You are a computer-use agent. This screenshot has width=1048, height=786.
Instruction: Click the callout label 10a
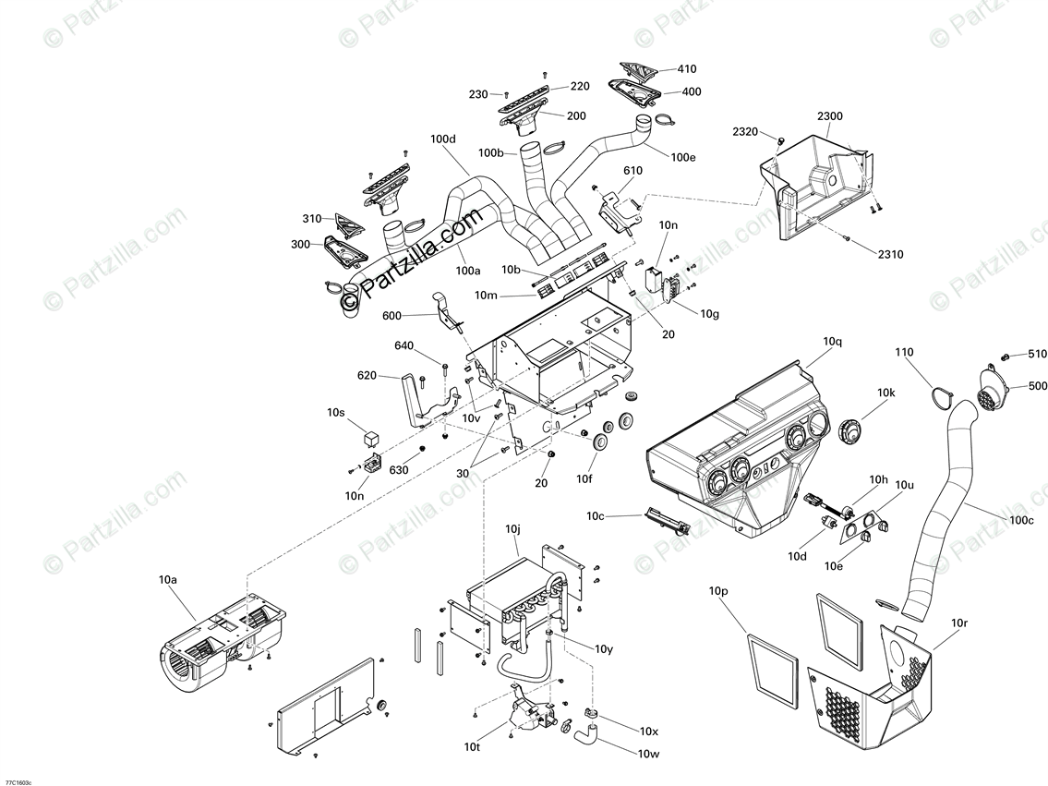(x=167, y=579)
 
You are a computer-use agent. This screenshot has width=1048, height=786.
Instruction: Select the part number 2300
(x=829, y=116)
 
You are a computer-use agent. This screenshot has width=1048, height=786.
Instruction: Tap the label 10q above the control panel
(x=832, y=341)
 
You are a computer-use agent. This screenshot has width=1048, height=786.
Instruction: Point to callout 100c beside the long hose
(x=1021, y=520)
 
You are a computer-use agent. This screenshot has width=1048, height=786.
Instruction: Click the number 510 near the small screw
(x=1038, y=354)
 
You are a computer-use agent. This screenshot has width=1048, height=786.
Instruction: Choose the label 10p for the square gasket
(x=718, y=590)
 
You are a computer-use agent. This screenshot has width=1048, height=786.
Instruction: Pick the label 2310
(x=890, y=254)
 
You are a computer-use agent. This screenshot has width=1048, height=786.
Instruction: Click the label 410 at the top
(x=687, y=68)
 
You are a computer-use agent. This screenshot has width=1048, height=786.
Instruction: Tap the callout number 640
(x=404, y=346)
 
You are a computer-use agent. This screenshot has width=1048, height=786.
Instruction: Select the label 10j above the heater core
(x=513, y=529)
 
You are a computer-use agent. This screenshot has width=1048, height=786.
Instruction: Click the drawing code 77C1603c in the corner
(x=17, y=781)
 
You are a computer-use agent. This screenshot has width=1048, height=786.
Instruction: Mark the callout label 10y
(x=604, y=649)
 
